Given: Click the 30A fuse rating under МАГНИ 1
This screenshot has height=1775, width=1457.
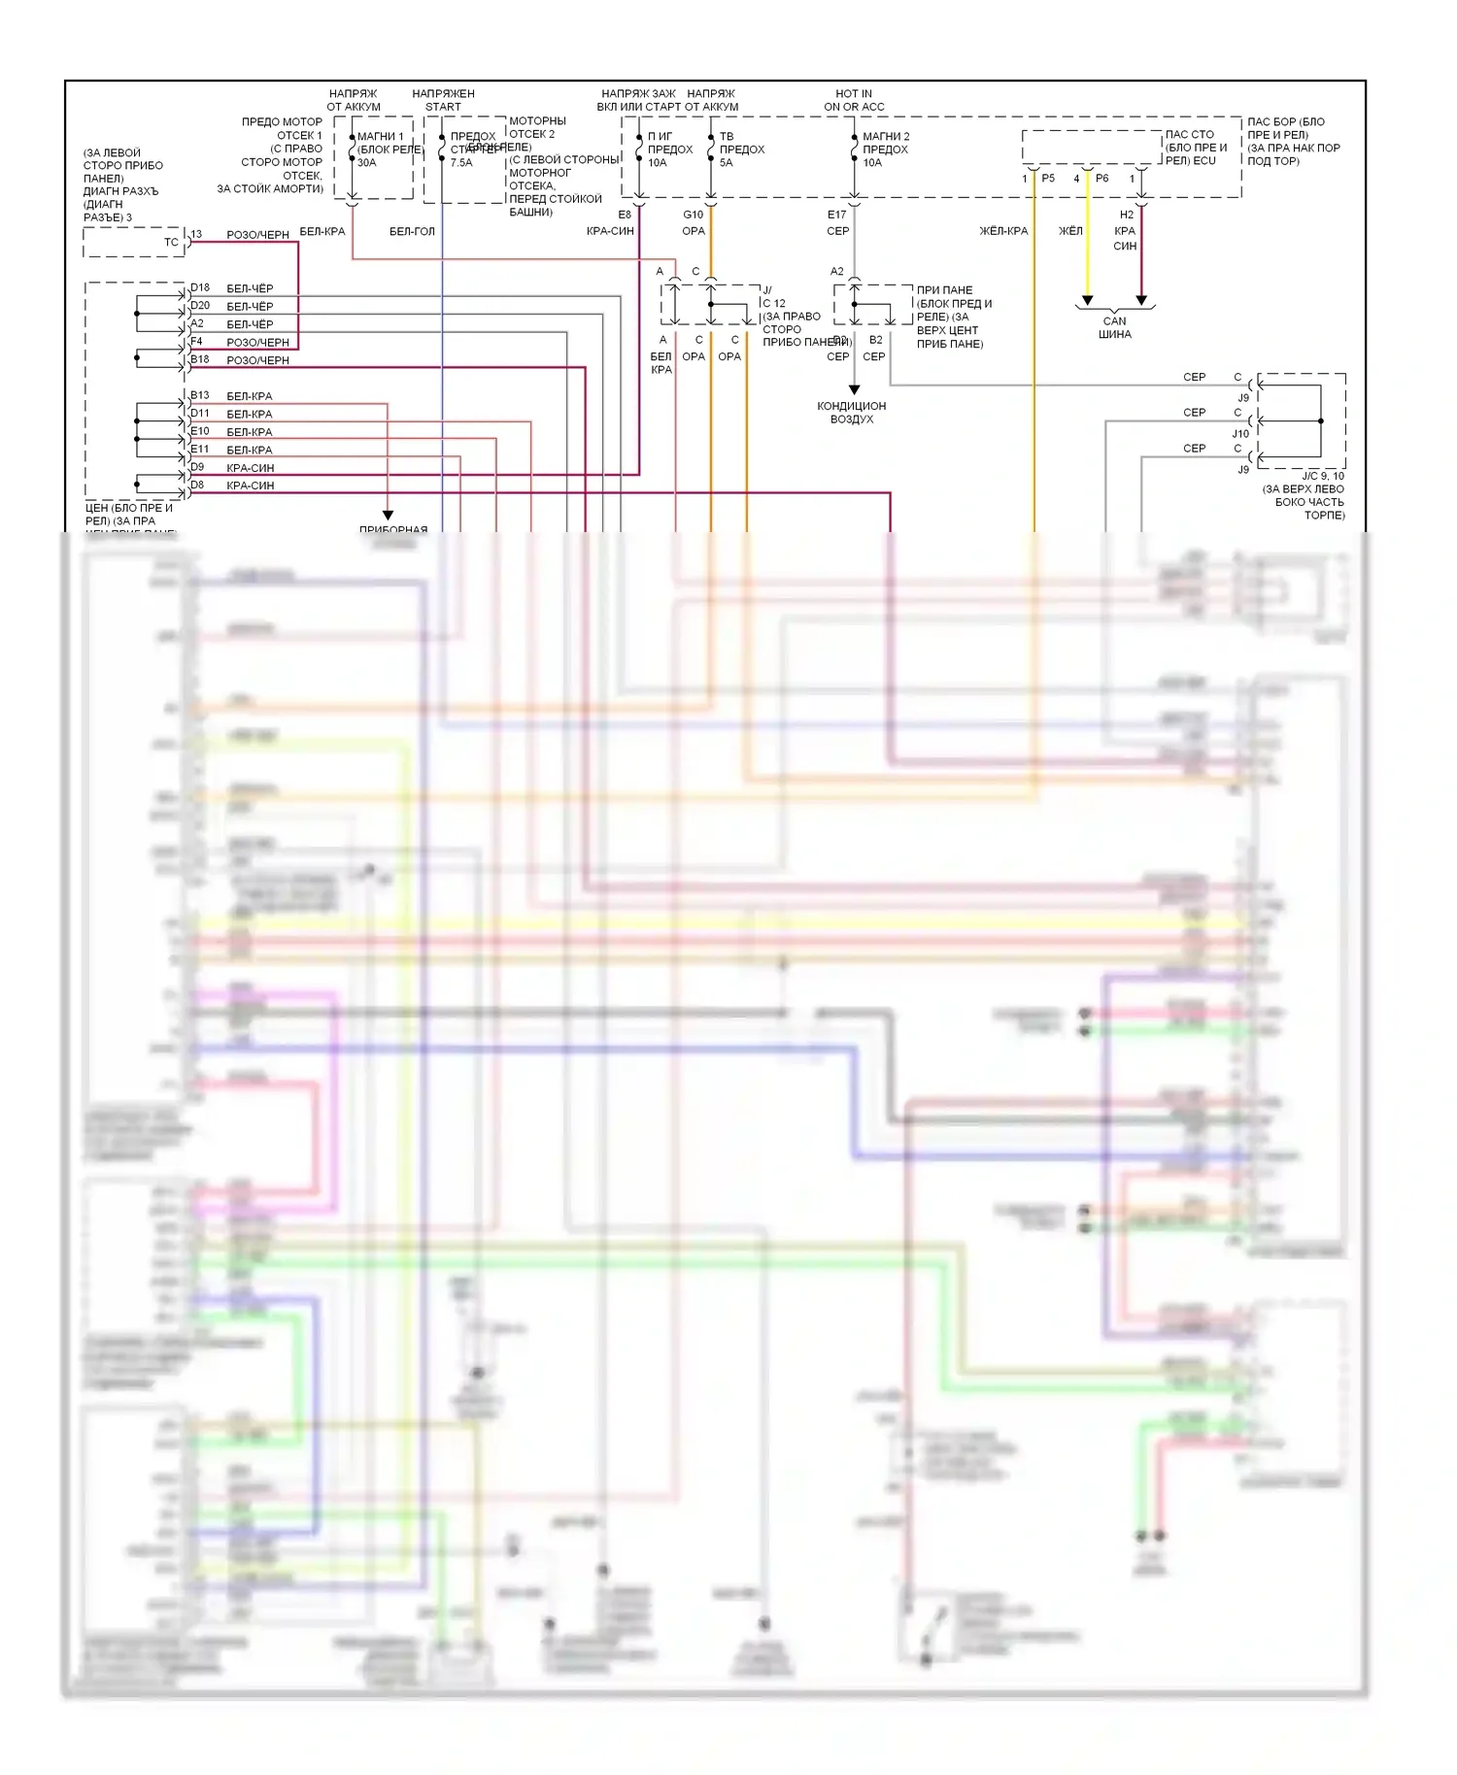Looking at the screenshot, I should coord(366,163).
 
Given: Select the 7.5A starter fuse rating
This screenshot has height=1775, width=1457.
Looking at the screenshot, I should coord(460,163).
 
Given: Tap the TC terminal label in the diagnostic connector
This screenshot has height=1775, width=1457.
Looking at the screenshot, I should coord(171,243).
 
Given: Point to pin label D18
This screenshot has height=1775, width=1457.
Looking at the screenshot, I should coord(200,287).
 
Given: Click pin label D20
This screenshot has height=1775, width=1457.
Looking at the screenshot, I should coord(200,305).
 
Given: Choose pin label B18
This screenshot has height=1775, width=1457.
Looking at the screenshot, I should coord(200,359).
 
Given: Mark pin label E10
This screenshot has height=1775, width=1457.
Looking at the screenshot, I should coord(200,431).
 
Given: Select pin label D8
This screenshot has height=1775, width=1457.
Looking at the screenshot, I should coord(197,485).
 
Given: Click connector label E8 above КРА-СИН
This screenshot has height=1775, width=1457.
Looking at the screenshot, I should coord(625,215).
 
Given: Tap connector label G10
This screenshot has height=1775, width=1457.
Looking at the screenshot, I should coord(693,215).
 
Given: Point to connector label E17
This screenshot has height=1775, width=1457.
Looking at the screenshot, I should coord(836,215).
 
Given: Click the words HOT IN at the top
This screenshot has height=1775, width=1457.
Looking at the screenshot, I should coord(854,94).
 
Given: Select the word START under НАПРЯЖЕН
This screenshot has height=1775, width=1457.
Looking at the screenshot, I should coord(443,107).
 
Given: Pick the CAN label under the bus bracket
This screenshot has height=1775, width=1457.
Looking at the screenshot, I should coord(1114,321).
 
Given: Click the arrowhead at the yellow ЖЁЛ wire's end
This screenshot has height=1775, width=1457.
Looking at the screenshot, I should coord(1088,301).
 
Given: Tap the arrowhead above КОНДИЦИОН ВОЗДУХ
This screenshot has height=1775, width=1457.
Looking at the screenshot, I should coord(855,390).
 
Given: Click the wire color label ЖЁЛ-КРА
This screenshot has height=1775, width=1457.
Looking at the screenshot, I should coord(1003,231).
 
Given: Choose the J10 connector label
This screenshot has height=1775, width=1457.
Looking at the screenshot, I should coord(1240,434).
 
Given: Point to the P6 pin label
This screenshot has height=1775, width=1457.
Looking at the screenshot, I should coord(1101,179).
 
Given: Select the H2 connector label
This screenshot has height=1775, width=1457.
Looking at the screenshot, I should coord(1127,215).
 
